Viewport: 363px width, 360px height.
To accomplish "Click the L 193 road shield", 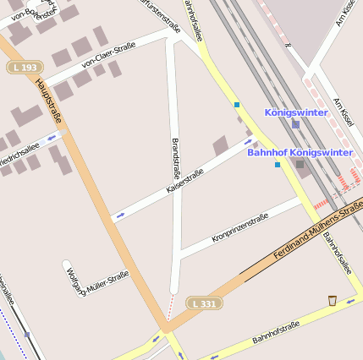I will coord(25,67).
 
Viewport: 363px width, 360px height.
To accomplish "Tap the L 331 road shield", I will coord(205,303).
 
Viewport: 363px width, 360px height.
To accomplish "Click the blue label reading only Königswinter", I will coord(296,112).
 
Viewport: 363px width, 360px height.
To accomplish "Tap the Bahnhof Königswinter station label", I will coord(300,152).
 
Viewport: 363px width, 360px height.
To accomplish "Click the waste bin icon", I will coord(332,300).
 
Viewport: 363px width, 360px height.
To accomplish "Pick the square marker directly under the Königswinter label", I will coord(295,124).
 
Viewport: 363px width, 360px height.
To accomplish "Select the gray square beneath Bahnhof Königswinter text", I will coord(300,164).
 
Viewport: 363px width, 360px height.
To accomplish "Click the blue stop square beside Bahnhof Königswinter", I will coord(278,164).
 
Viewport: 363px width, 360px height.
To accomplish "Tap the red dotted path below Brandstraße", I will coord(170,307).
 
